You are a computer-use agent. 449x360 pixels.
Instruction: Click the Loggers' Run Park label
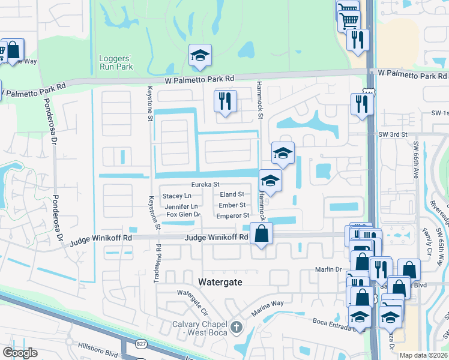(x=116, y=62)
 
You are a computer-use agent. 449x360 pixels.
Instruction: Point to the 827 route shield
(x=141, y=343)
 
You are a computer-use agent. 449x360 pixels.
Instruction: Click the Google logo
(x=20, y=353)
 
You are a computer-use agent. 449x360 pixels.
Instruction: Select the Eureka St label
(x=206, y=185)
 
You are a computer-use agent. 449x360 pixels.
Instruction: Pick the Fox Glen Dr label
(x=182, y=214)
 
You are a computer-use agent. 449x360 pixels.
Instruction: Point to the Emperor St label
(x=232, y=215)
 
